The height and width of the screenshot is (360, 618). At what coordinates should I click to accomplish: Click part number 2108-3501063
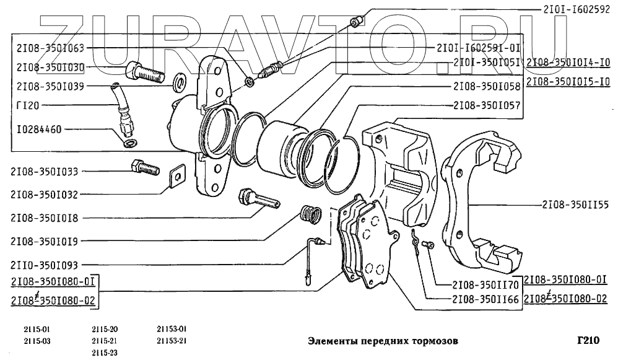(x=51, y=48)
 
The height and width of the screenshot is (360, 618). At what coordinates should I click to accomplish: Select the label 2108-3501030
(x=51, y=66)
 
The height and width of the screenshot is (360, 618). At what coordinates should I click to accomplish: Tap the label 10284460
(x=36, y=130)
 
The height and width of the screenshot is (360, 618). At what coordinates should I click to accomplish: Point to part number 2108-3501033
(x=51, y=172)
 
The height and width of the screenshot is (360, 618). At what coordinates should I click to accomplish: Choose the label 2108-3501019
(x=51, y=240)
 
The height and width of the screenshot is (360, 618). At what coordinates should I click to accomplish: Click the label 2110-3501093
(x=51, y=264)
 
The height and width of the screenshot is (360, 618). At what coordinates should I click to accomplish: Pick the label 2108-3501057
(x=486, y=106)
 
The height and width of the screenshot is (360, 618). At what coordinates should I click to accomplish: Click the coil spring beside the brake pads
(x=310, y=214)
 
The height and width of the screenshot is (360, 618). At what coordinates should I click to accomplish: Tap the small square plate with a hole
(x=177, y=176)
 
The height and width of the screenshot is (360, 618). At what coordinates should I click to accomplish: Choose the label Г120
(x=27, y=106)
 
